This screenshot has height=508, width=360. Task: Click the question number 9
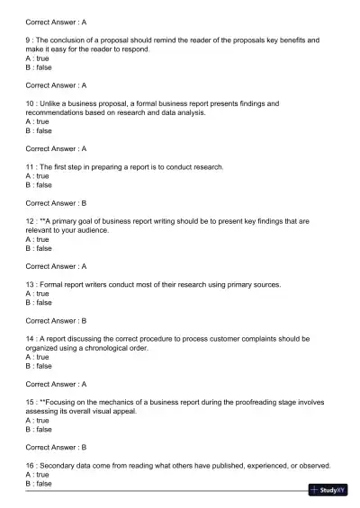(29, 40)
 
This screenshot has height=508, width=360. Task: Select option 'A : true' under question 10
(38, 121)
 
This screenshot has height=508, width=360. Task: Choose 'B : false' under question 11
(39, 185)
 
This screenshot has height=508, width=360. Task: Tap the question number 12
(31, 221)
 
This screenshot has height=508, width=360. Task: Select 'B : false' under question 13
(39, 302)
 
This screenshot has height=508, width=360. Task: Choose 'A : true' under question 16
(38, 475)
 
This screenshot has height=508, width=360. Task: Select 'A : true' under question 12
(38, 239)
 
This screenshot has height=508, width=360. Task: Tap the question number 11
(31, 167)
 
